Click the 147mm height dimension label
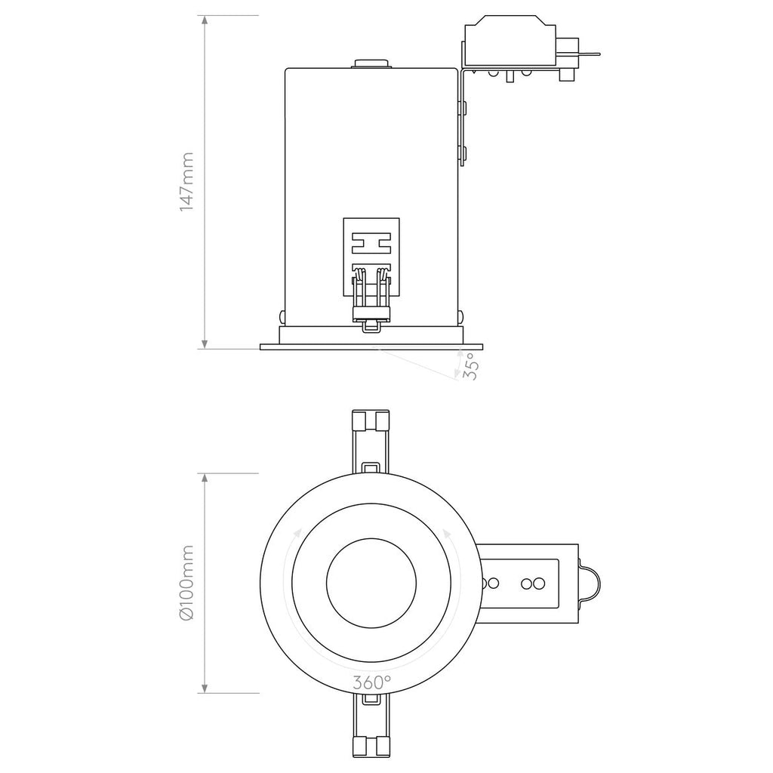point(187,182)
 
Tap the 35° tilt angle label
point(470,366)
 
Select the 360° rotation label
point(371,682)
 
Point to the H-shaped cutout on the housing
point(371,243)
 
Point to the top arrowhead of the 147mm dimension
point(205,20)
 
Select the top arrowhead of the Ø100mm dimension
point(205,479)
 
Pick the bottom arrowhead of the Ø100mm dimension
point(205,688)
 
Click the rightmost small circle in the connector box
point(540,583)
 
